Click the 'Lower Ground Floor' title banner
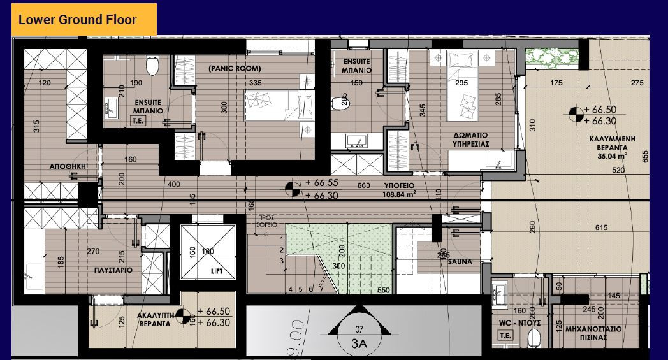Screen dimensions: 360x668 [78, 19]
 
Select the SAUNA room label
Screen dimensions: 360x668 [459, 262]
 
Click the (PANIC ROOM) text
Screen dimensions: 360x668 [235, 68]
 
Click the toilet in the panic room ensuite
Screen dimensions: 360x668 [152, 65]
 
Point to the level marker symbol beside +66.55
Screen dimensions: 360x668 [292, 189]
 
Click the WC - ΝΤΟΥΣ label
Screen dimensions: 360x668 [519, 323]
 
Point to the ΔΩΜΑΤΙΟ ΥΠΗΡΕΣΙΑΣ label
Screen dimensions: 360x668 [471, 140]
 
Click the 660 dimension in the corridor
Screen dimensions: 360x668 [363, 186]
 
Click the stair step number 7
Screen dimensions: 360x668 [321, 289]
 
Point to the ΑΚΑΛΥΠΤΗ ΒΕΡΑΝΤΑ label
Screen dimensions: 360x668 [156, 319]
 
